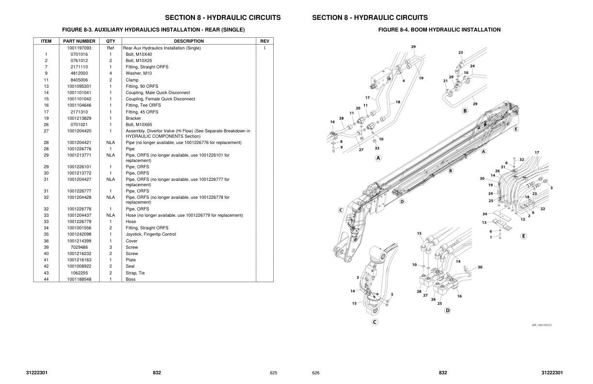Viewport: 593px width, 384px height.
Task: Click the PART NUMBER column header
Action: [79, 41]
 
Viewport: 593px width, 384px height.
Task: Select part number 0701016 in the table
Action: [79, 54]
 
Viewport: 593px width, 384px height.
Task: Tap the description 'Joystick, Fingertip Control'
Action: [151, 234]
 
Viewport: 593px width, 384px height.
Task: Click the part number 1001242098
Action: [79, 234]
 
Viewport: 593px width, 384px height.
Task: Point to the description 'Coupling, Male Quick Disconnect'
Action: [157, 93]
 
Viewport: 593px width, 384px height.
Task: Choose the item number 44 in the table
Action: [46, 279]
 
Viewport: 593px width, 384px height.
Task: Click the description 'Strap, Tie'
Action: [135, 273]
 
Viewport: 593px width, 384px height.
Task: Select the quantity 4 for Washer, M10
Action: [110, 73]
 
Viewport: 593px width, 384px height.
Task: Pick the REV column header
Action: [265, 41]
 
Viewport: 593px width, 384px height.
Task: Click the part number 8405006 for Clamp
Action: [79, 80]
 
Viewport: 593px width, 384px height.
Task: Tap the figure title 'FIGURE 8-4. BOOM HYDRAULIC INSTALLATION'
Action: [439, 30]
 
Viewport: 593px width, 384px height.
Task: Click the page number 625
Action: [273, 373]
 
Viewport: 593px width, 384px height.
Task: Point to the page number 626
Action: [316, 373]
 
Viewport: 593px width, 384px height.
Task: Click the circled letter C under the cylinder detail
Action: [375, 321]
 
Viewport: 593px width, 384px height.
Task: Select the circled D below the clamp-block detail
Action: [447, 310]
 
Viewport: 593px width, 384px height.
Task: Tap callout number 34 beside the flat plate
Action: [484, 214]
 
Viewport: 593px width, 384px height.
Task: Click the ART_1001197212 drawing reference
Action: [541, 325]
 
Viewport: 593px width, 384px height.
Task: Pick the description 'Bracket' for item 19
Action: [133, 118]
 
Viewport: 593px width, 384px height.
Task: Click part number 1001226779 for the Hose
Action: [79, 222]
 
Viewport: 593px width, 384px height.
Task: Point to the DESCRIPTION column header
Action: [189, 41]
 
